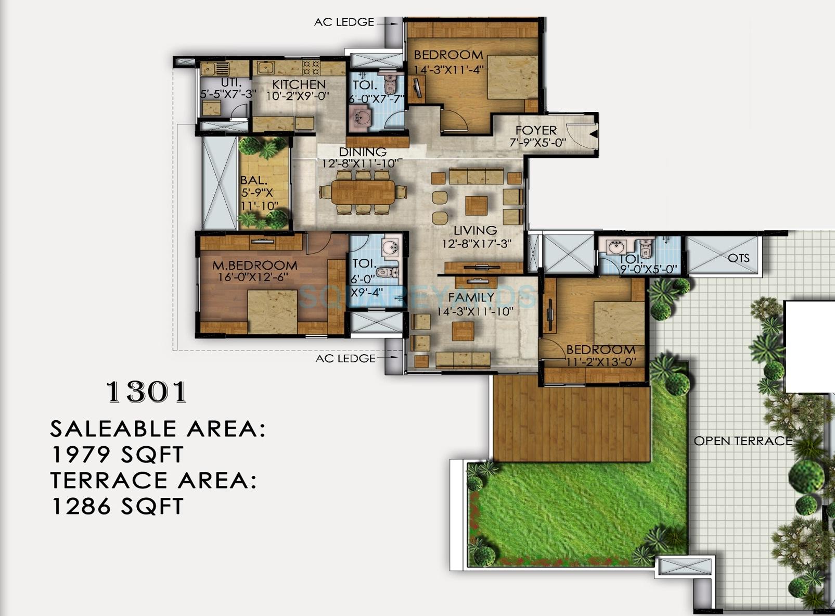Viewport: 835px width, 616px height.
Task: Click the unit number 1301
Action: (146, 393)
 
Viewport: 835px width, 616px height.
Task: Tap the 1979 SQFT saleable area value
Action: (117, 455)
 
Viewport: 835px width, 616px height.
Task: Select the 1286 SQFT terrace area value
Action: (117, 506)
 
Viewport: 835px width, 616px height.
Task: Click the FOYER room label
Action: (536, 130)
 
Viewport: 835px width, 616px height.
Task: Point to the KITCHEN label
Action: (299, 84)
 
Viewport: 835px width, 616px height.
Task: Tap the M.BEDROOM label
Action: (254, 266)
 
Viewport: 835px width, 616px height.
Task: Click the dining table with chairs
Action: (363, 193)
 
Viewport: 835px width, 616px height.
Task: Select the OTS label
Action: (738, 258)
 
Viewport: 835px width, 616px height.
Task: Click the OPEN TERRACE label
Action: (742, 441)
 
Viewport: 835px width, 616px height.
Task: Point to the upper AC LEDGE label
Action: (344, 22)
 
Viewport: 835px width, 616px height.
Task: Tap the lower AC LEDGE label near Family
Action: (345, 358)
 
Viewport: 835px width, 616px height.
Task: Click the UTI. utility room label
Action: (231, 83)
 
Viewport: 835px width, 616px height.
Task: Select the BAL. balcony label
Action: (253, 181)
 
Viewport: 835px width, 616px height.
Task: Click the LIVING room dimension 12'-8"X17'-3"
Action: (477, 243)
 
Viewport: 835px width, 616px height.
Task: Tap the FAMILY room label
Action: (471, 297)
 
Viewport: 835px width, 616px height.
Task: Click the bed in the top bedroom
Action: (512, 77)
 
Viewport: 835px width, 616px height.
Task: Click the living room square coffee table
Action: (476, 206)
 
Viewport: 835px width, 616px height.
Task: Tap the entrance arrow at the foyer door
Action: (593, 134)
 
